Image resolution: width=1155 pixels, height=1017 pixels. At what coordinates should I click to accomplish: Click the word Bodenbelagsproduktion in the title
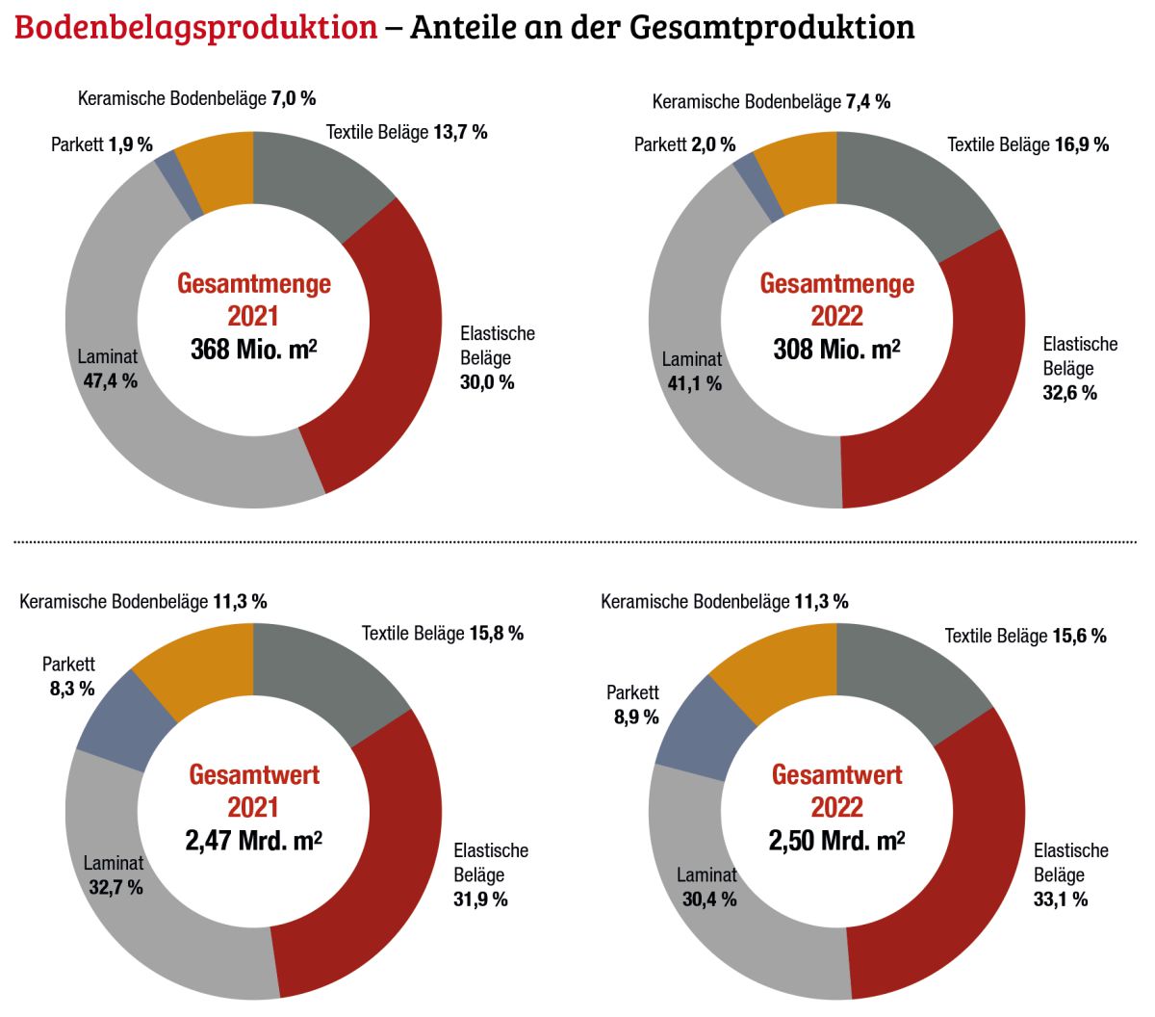(195, 27)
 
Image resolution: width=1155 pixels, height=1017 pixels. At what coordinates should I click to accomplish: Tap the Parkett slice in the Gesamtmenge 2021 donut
(179, 184)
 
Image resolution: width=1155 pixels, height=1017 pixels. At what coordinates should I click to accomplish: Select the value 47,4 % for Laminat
(110, 381)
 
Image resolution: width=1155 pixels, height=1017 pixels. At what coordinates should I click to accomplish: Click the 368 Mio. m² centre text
(253, 349)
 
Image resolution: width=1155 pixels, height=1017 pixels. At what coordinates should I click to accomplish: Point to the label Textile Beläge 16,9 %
(1028, 144)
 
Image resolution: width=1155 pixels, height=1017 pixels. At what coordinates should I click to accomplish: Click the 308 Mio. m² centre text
(836, 349)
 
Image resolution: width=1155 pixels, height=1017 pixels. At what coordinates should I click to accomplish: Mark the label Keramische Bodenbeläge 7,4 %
(771, 101)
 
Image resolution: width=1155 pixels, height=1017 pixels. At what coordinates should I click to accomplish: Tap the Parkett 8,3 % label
(70, 676)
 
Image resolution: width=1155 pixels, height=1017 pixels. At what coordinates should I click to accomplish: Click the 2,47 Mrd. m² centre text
(253, 840)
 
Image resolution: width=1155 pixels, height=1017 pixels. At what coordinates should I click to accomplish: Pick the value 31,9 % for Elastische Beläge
(480, 900)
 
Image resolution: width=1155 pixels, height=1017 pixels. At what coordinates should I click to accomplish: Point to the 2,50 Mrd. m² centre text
(836, 840)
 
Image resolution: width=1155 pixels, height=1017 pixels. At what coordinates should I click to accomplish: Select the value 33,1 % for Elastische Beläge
(1061, 900)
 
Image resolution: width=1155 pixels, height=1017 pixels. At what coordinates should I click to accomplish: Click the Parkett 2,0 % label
(684, 144)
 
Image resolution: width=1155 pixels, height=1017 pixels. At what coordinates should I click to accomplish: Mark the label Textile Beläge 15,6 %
(1025, 636)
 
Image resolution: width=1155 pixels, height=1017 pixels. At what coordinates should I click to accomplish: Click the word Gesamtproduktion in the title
(772, 27)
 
